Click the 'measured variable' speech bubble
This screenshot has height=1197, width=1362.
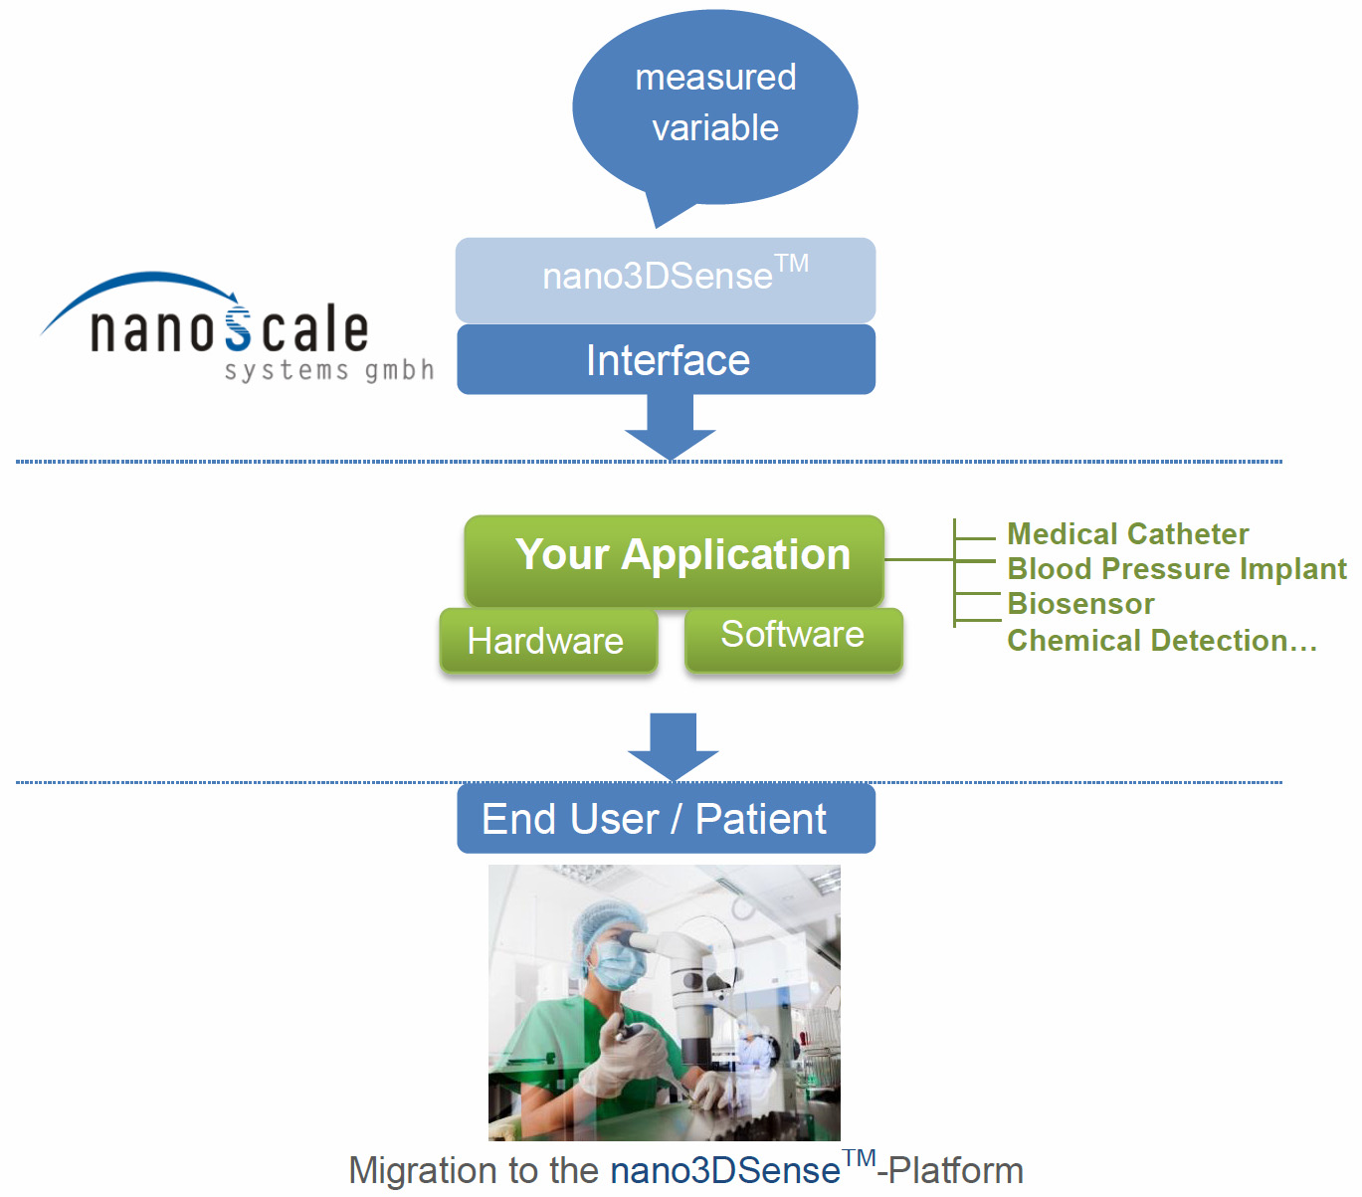(x=714, y=104)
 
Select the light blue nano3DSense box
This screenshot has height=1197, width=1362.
(x=665, y=279)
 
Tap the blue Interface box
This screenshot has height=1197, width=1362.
(x=666, y=360)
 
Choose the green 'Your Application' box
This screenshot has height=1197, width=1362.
(x=674, y=557)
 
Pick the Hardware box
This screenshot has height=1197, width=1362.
(x=547, y=641)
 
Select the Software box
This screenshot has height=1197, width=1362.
(x=793, y=637)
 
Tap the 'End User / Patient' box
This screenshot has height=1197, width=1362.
(x=665, y=819)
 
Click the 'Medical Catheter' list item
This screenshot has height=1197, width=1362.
(x=1127, y=534)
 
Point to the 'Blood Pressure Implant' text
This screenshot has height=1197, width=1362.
(x=1176, y=569)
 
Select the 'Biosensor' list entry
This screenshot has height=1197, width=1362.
(x=1080, y=604)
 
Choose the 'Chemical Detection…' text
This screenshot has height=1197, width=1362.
(x=1161, y=641)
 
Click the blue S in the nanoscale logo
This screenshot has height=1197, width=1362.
(x=239, y=330)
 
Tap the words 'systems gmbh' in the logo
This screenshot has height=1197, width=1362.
(x=329, y=371)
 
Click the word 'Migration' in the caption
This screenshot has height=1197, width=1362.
(x=424, y=1171)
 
